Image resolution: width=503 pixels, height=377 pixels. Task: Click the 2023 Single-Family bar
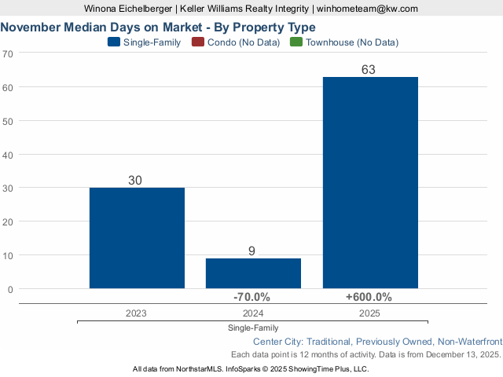(x=137, y=238)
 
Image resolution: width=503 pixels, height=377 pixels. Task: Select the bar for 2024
(x=253, y=273)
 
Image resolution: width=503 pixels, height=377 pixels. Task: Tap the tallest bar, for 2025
(x=370, y=182)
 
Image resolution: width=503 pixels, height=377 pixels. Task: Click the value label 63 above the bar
(x=369, y=70)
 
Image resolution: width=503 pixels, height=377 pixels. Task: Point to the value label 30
(x=135, y=181)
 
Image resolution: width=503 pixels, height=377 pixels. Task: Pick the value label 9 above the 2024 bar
(x=251, y=251)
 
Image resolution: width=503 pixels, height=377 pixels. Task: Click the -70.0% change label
(x=251, y=297)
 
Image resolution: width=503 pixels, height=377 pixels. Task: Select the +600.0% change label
(x=369, y=297)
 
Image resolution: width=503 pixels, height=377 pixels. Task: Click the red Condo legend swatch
(x=198, y=42)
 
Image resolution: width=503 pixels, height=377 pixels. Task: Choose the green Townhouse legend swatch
(x=296, y=42)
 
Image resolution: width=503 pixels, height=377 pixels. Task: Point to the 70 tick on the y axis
(x=8, y=53)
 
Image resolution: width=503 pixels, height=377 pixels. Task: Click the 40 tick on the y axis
(x=8, y=155)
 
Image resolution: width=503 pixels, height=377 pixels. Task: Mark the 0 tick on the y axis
(x=10, y=289)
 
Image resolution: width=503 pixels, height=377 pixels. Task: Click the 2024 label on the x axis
(x=252, y=313)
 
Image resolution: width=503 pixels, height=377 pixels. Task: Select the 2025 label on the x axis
(x=369, y=313)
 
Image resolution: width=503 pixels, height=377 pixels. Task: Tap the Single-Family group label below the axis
(x=253, y=328)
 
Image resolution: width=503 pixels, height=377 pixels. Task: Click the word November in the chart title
(x=31, y=27)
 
